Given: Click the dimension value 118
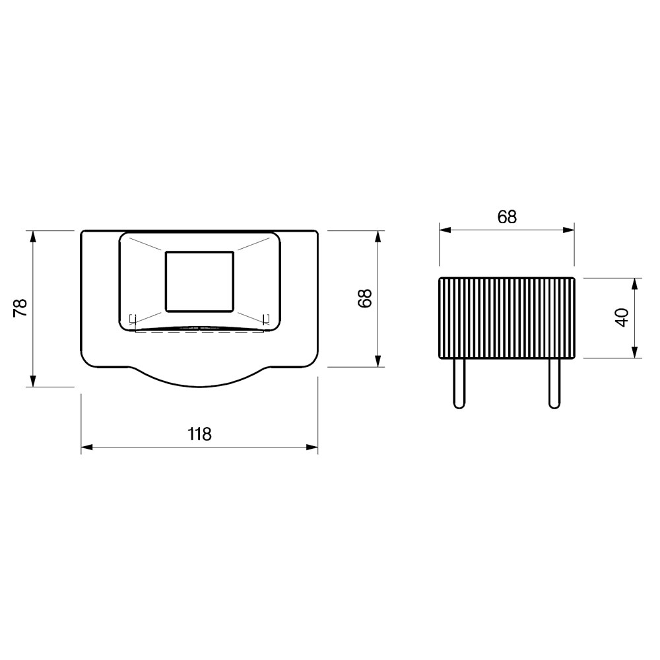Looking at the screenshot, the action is [x=199, y=434].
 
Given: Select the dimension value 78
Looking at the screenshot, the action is [x=20, y=308].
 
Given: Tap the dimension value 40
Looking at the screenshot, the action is [x=622, y=317].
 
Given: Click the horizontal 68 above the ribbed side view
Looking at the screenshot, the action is [x=507, y=217].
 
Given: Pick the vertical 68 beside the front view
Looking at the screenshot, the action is [x=365, y=298].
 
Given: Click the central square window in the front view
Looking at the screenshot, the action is [x=199, y=282].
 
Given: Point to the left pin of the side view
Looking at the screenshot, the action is [x=459, y=383].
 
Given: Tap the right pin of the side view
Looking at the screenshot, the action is [x=555, y=383].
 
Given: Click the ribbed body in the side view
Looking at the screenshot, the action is [x=507, y=318].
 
